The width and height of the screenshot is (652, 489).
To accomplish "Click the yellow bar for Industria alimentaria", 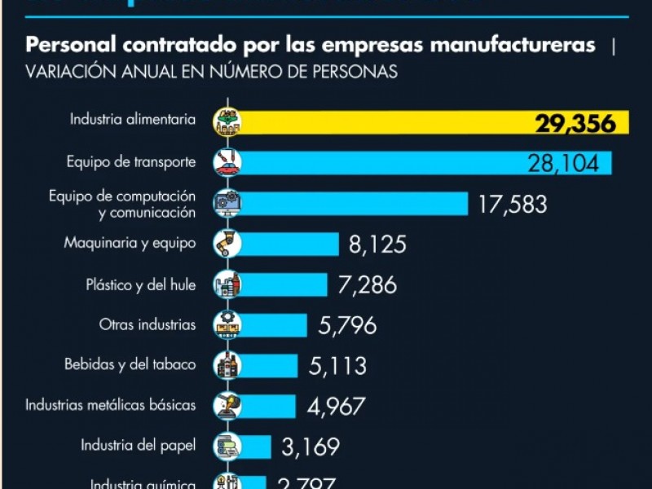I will pyautogui.click(x=383, y=122).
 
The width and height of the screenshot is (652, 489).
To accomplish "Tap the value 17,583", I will pyautogui.click(x=512, y=204).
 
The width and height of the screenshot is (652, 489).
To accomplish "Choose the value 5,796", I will pyautogui.click(x=348, y=326).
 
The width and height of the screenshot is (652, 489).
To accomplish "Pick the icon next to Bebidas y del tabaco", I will pyautogui.click(x=226, y=366).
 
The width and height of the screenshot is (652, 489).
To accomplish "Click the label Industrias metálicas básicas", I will pyautogui.click(x=111, y=404).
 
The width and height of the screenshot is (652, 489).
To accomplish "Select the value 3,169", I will pyautogui.click(x=311, y=447).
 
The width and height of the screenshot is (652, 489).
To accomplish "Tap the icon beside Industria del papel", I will pyautogui.click(x=226, y=447).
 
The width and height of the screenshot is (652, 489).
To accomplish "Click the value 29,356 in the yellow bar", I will pyautogui.click(x=580, y=123).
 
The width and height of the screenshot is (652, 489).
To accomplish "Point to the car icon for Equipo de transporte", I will pyautogui.click(x=226, y=162).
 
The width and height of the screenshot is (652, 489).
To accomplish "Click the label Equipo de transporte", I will pyautogui.click(x=131, y=162).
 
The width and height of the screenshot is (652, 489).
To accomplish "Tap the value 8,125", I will pyautogui.click(x=377, y=244).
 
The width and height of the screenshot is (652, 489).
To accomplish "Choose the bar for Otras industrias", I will pyautogui.click(x=274, y=325).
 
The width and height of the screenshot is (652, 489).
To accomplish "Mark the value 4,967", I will pyautogui.click(x=337, y=406).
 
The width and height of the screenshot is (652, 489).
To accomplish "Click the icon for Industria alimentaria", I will pyautogui.click(x=226, y=121).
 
